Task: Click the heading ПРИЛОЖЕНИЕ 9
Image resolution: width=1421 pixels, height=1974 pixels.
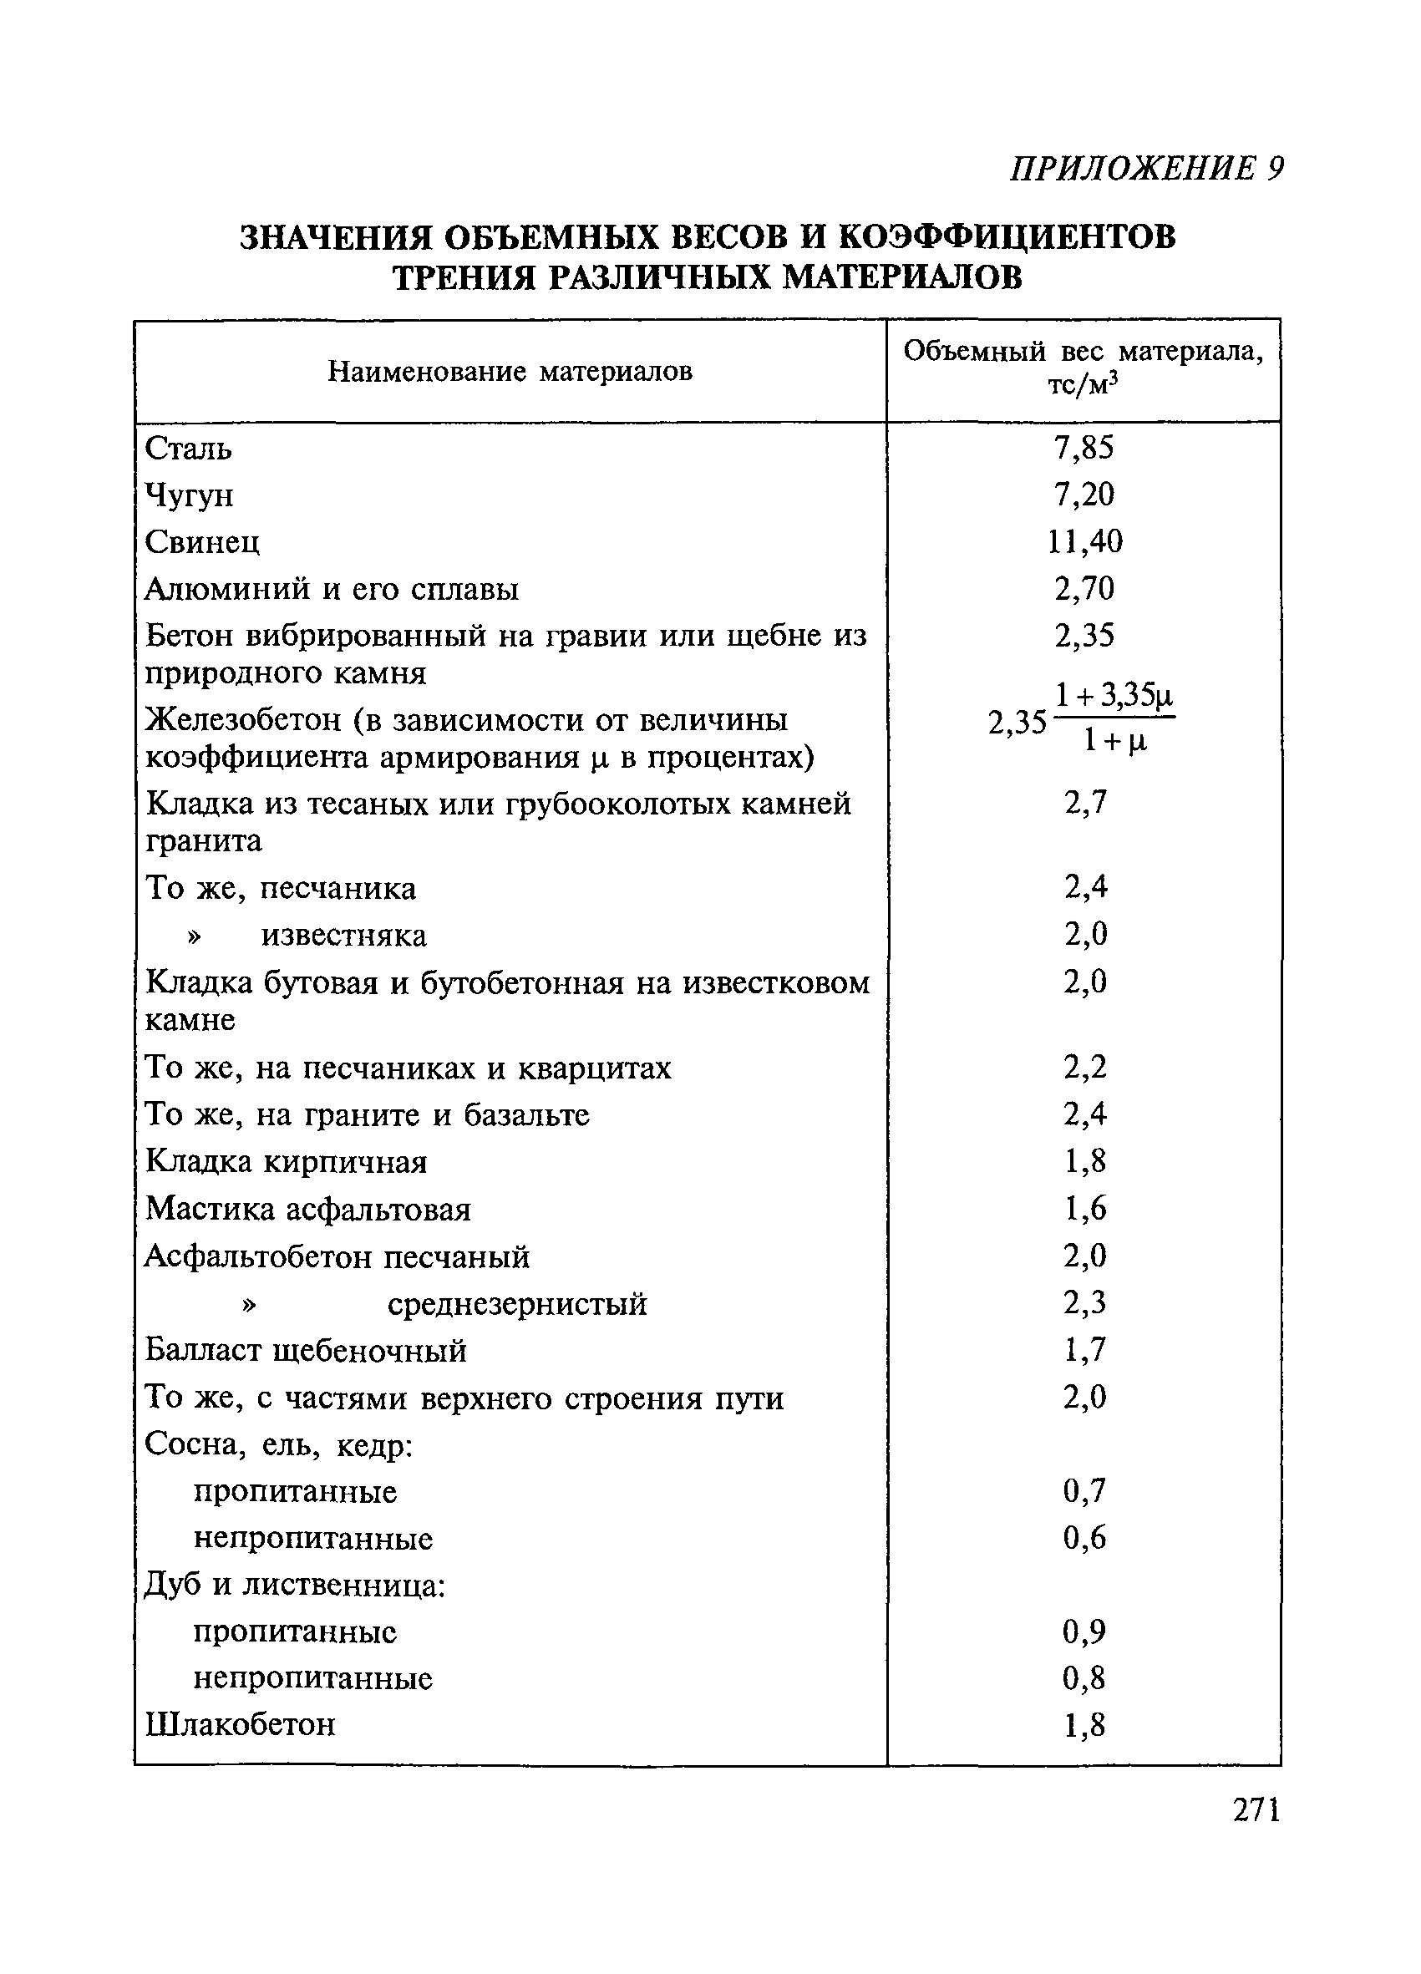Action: pos(1146,168)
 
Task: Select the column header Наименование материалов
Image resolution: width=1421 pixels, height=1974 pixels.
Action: pos(510,373)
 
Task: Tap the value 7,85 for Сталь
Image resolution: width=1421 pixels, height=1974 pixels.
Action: pos(1084,448)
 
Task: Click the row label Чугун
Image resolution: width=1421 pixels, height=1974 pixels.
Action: pos(189,495)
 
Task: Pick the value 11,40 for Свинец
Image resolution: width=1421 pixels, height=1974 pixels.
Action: pos(1084,541)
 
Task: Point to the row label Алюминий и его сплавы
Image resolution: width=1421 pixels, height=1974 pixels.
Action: pos(332,589)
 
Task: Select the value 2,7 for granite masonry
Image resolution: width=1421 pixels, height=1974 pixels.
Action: pos(1085,802)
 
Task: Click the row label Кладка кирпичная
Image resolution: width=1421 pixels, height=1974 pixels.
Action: pos(287,1162)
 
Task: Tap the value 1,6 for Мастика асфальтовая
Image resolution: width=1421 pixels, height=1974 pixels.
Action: pos(1084,1209)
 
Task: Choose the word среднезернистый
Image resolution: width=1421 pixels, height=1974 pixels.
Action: pos(517,1304)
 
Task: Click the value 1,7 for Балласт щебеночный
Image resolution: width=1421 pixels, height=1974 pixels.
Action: pos(1084,1350)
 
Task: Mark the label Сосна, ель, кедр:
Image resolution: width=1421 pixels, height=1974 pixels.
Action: pos(278,1445)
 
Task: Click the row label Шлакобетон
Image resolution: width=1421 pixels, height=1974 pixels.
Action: pos(240,1725)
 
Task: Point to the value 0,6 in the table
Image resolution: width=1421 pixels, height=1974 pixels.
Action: pos(1084,1538)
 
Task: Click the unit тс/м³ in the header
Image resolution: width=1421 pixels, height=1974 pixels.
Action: pos(1083,383)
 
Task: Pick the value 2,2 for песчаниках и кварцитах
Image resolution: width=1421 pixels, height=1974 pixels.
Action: pos(1084,1067)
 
